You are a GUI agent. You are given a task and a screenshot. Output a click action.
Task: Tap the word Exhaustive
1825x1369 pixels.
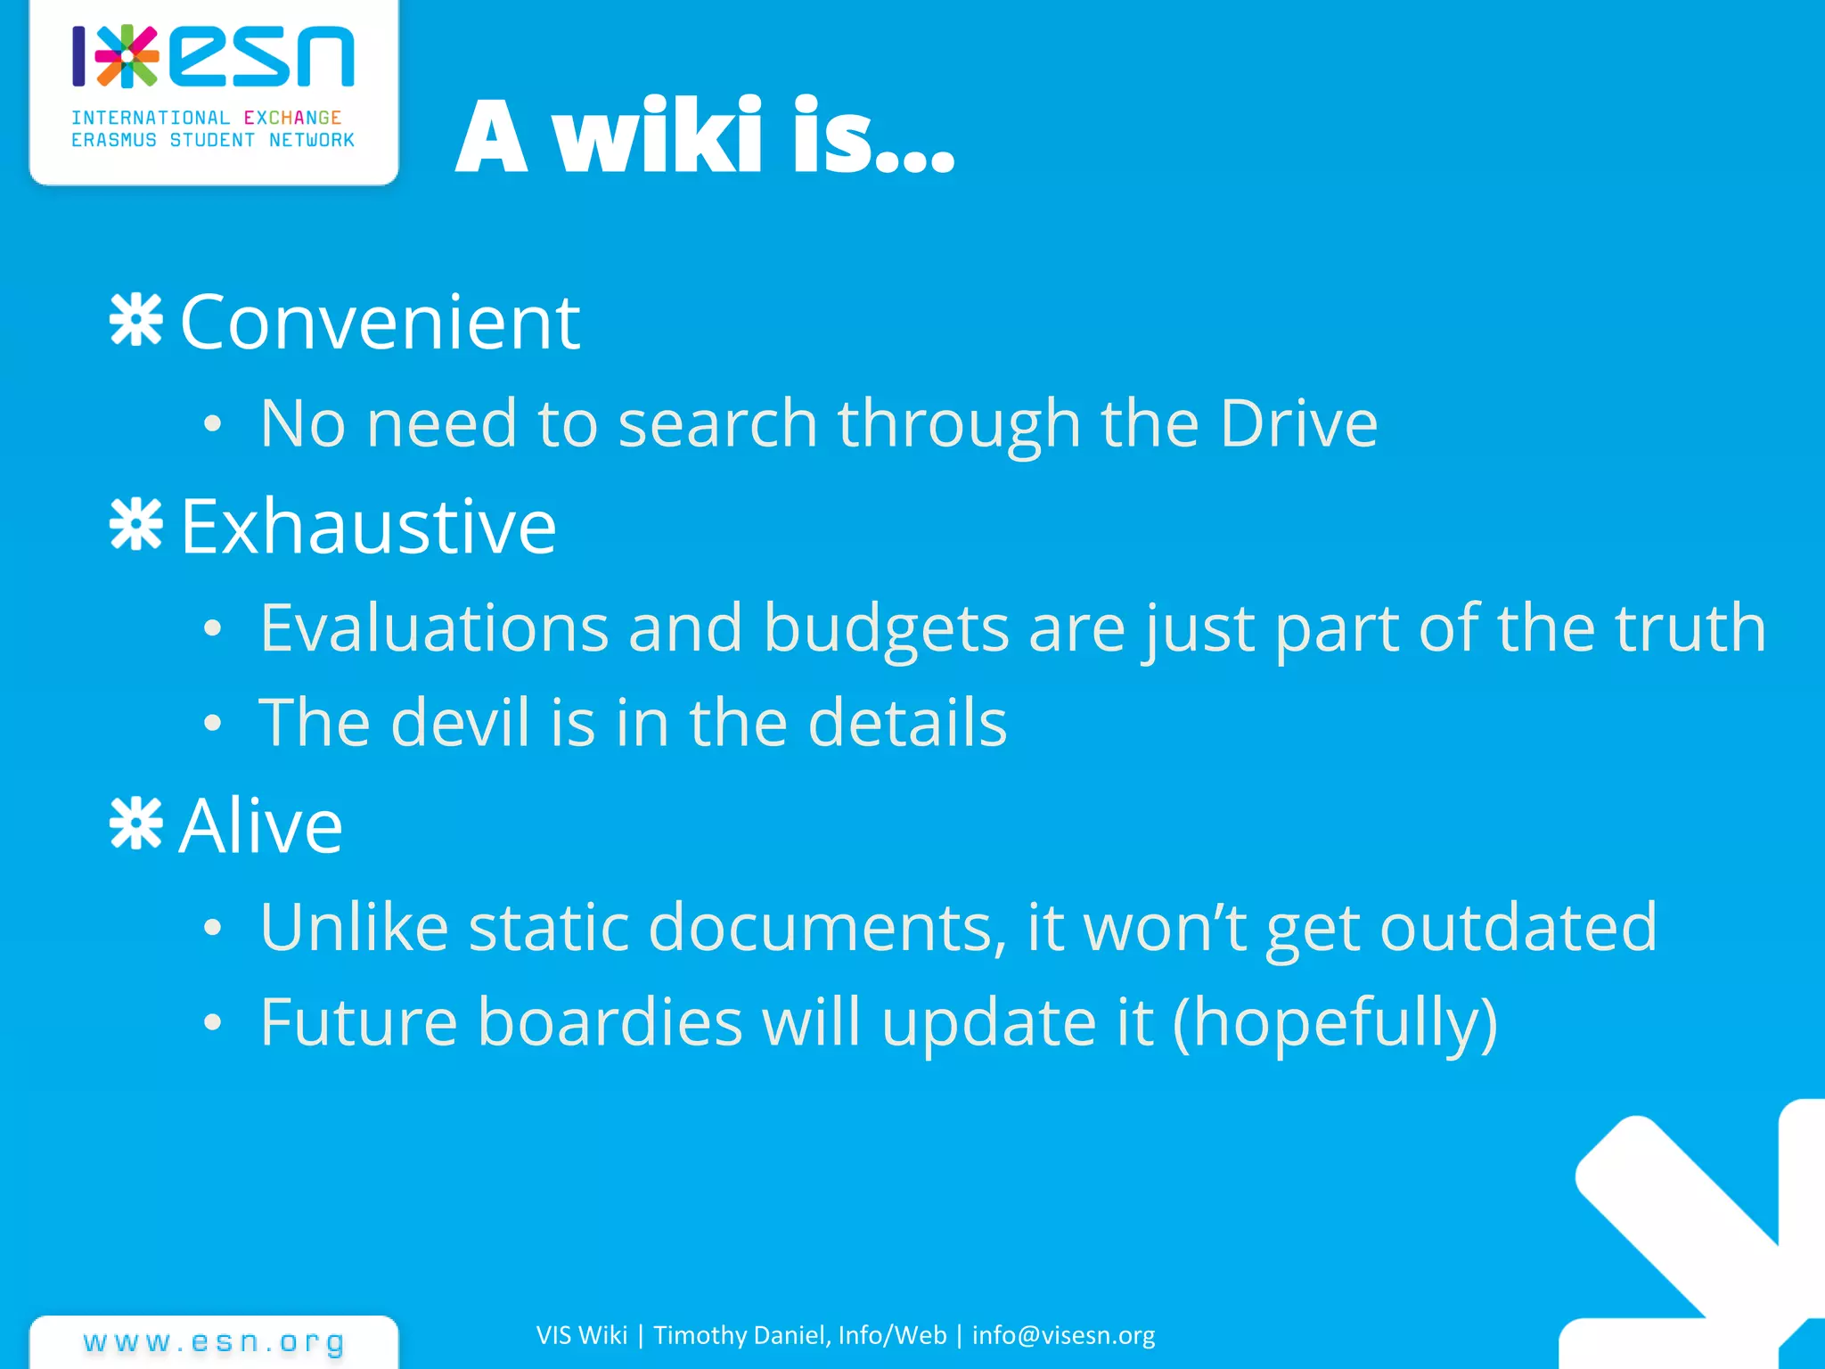coord(368,526)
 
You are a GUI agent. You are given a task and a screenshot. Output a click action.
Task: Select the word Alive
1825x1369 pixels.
coord(260,825)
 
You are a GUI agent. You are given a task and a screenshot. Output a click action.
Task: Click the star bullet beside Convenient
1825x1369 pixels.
coord(135,320)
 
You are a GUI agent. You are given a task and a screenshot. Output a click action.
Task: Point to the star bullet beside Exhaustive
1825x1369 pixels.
coord(135,524)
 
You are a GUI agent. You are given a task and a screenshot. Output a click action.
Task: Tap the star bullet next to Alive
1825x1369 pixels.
coord(135,824)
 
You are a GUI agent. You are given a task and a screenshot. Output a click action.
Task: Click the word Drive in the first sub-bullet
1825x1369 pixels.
coord(1298,422)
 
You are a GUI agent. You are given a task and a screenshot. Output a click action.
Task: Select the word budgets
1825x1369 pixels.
coord(886,628)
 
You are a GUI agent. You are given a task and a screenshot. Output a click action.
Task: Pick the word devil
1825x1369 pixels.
coord(460,722)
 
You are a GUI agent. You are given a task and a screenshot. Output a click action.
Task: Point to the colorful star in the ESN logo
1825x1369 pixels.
coord(127,56)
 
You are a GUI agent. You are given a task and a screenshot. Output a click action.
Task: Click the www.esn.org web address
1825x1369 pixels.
coord(214,1341)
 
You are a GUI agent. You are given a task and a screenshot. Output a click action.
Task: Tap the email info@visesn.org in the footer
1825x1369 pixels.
coord(1063,1335)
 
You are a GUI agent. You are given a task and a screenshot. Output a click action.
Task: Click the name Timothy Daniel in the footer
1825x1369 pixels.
coord(742,1335)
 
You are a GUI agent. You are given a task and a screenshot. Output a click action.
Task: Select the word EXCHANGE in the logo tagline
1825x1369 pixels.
coord(292,118)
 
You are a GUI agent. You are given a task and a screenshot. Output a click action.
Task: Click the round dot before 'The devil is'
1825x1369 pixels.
coord(211,723)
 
